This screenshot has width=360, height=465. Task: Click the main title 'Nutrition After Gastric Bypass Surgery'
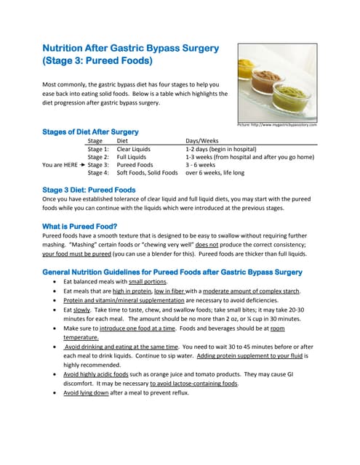(x=130, y=49)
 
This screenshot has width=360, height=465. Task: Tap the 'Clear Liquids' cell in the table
(x=134, y=148)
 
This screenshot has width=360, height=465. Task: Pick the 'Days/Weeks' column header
(x=201, y=140)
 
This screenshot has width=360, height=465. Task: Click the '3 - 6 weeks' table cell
(x=204, y=165)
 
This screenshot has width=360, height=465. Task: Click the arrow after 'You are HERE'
(x=81, y=165)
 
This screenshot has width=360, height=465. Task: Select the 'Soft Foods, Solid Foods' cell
(x=147, y=173)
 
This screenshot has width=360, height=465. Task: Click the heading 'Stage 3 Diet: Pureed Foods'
(x=89, y=190)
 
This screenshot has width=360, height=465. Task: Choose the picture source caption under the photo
(x=277, y=125)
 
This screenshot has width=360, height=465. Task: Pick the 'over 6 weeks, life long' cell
(x=215, y=173)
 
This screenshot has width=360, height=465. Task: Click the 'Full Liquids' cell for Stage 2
(x=132, y=156)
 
